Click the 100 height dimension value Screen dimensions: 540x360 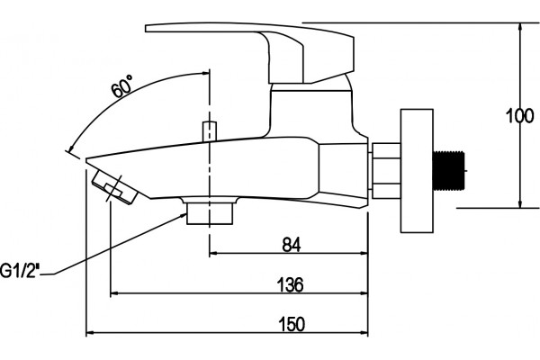coord(520,116)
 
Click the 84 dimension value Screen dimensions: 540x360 coord(292,245)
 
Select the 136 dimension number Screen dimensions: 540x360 coord(291,284)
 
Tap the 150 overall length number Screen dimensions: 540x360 coord(292,324)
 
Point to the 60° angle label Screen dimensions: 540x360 coord(121,86)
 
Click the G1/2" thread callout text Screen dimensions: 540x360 coord(19,270)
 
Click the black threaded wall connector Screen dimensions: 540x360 coord(448,170)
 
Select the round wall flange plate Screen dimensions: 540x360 coord(417,170)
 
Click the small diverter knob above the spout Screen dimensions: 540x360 coord(210,130)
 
